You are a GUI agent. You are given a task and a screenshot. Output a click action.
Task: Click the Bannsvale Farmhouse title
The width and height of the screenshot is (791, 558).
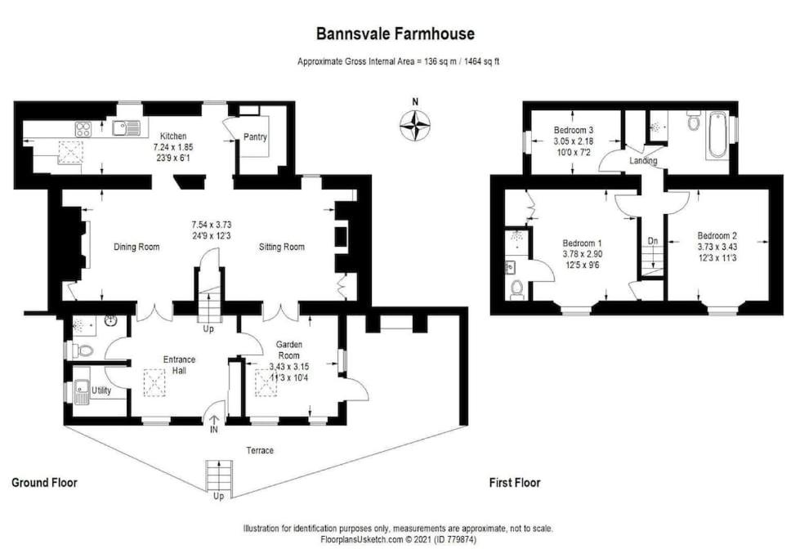point(395,33)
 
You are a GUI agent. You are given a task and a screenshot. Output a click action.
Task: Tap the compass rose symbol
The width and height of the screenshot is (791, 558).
point(415,125)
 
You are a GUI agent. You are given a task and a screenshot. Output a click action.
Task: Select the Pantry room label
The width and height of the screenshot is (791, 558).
point(255,137)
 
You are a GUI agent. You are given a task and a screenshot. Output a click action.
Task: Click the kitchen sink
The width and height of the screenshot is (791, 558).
point(126,128)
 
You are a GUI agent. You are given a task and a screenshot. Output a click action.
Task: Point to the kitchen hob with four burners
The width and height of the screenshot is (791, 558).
point(83,129)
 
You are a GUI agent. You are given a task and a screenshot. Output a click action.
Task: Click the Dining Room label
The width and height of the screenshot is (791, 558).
point(136,247)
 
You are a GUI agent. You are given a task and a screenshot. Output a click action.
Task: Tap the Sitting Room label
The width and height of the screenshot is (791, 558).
point(281,247)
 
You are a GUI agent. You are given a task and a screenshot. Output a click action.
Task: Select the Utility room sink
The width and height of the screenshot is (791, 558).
point(81,392)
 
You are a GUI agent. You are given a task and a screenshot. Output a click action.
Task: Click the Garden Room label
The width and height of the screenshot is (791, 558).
point(289,349)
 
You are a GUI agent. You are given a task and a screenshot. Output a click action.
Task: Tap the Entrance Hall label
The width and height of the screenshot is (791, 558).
point(179,364)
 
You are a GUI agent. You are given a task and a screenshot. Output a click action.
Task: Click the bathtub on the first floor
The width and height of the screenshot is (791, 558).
point(717,135)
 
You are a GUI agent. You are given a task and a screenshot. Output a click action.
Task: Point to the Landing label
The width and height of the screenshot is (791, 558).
point(643,160)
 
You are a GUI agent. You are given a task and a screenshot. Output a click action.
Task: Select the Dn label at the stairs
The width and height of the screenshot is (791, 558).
point(653,241)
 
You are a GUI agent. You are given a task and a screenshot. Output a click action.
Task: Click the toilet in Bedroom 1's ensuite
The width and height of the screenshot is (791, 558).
point(516,288)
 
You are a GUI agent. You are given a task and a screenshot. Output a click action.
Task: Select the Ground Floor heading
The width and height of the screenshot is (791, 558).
point(44,483)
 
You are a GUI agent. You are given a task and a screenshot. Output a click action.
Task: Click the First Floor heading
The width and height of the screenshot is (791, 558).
point(515,483)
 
